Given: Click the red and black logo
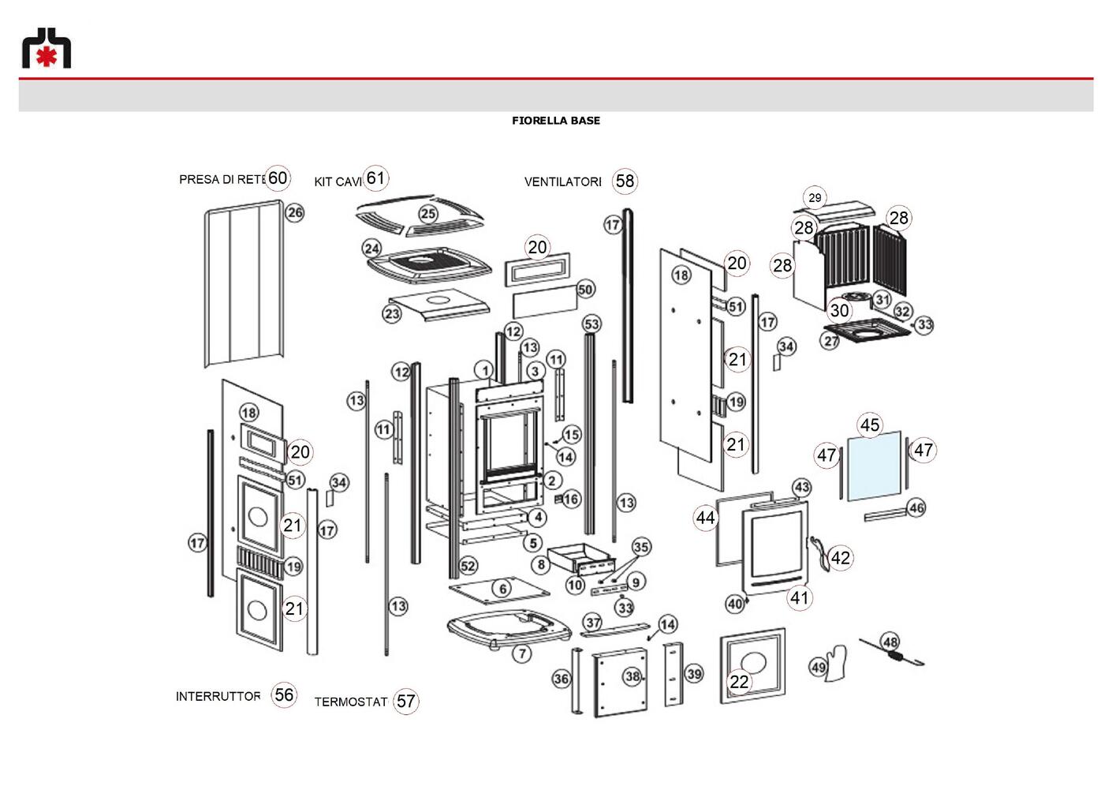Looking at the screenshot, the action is click(47, 47).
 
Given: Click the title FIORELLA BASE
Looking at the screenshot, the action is click(556, 121).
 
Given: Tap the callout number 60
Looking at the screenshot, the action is click(278, 178).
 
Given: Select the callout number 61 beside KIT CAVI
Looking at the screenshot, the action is click(376, 178).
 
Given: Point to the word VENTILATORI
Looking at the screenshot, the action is click(563, 182).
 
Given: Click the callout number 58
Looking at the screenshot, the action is click(625, 181).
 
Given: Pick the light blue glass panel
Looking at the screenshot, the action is click(874, 466).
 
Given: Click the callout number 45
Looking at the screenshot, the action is click(870, 425).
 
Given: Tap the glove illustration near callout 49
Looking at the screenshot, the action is click(835, 663).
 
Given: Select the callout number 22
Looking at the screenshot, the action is click(739, 682).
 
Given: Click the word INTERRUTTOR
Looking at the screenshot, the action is click(218, 697).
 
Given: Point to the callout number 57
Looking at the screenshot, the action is click(405, 701).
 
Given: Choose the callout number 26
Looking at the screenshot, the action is click(295, 212).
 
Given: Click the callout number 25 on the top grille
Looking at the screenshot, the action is click(428, 214).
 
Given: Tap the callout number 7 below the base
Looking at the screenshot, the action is click(522, 654).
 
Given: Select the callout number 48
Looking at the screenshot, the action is click(890, 642).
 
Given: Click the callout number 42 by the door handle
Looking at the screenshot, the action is click(841, 558).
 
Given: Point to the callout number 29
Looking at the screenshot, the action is click(815, 198).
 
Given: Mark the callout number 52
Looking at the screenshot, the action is click(468, 565).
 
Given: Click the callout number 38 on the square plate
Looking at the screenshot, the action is click(632, 676).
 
